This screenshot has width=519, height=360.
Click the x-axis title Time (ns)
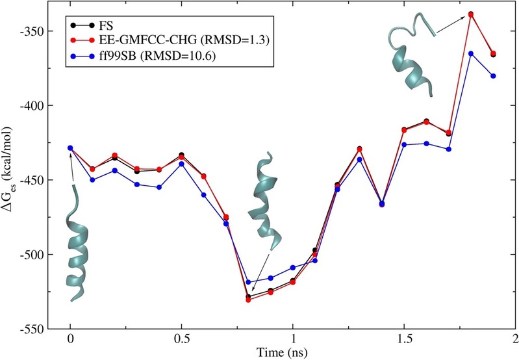point(292,353)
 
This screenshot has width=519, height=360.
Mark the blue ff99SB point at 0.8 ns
point(248,282)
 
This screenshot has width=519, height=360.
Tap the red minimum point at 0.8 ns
point(248,300)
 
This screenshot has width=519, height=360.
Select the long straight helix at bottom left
point(76,247)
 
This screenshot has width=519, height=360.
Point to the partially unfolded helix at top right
point(411,55)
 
